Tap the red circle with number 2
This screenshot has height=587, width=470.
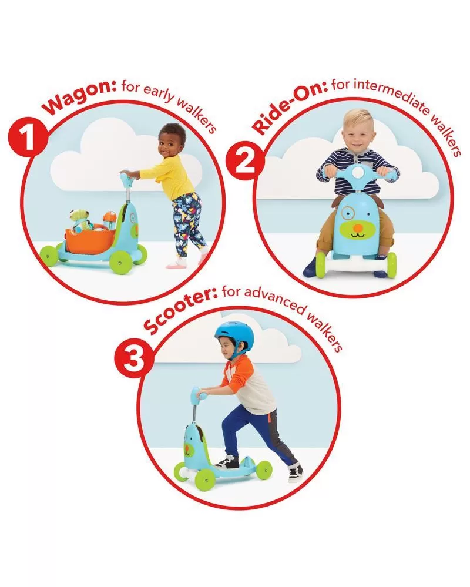coord(245,163)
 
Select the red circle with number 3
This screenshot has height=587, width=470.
coord(133,359)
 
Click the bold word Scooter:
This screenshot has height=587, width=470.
coord(180,309)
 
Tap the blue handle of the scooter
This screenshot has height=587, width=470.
coord(199,395)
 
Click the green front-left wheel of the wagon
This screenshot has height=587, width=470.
coord(49,255)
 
